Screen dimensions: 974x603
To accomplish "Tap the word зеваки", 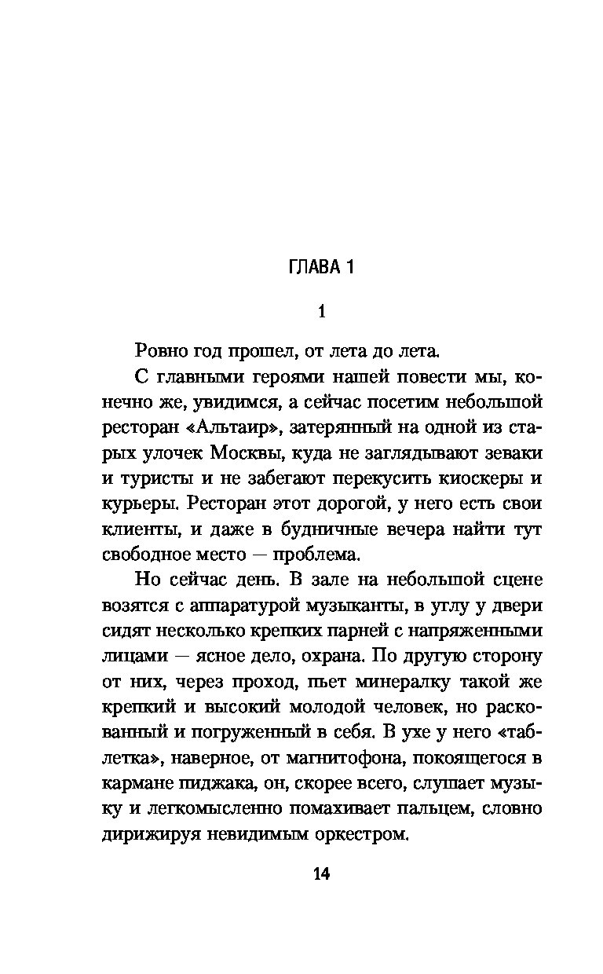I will (510, 453).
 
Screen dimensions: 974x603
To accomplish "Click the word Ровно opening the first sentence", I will (157, 352).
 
